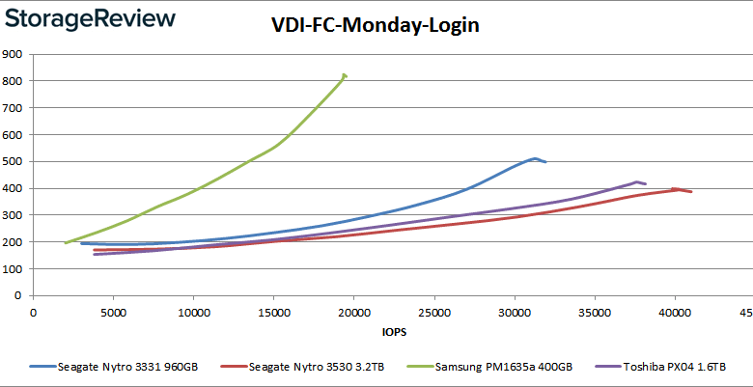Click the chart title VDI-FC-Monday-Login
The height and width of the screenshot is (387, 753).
[x=375, y=26]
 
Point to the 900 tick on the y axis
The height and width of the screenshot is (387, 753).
[x=13, y=54]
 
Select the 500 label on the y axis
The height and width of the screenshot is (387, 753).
[x=13, y=161]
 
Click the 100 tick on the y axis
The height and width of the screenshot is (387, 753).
[x=13, y=269]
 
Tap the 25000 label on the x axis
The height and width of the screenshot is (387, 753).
[x=434, y=313]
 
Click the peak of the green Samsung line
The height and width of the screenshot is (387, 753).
[x=344, y=74]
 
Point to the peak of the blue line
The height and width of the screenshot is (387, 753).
[x=534, y=158]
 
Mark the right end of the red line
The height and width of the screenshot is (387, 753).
[x=691, y=192]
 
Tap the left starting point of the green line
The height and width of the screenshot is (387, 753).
[x=66, y=243]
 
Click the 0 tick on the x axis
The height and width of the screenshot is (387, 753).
[x=34, y=313]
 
